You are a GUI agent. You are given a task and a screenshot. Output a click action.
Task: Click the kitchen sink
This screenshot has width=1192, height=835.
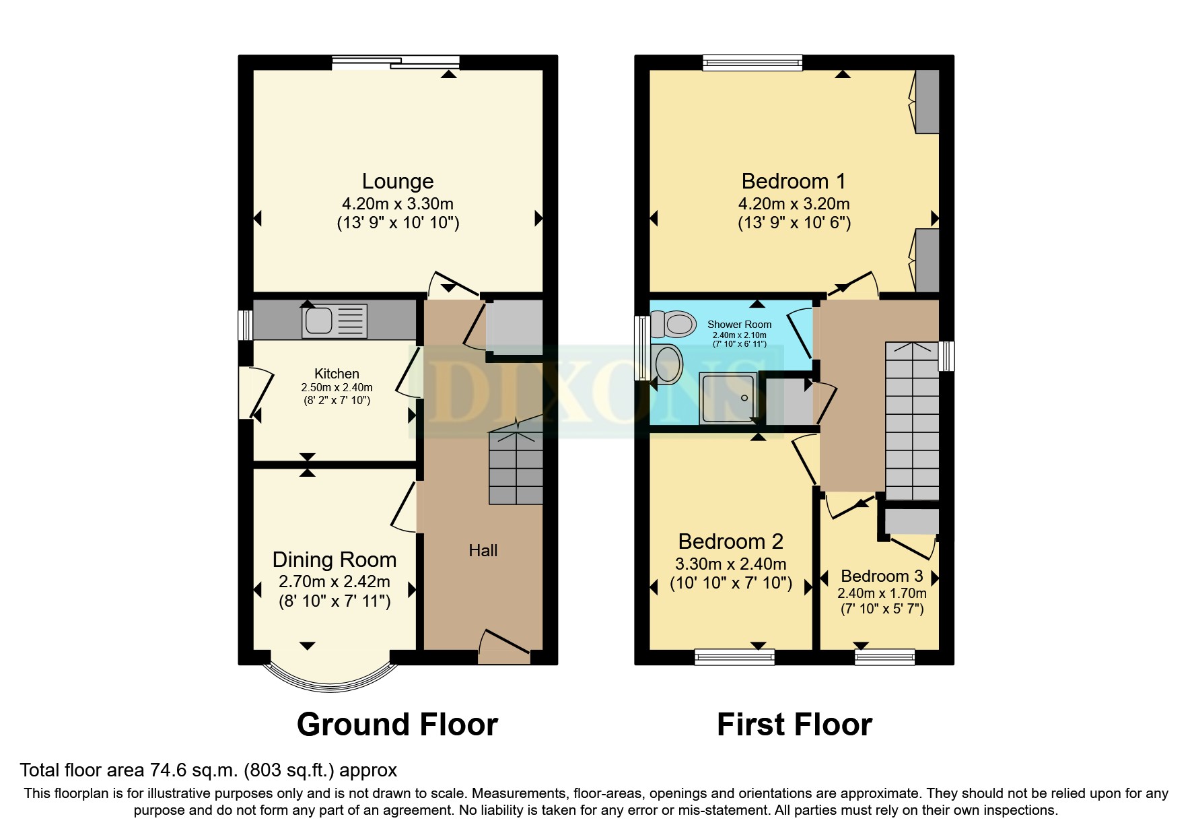pos(335,321)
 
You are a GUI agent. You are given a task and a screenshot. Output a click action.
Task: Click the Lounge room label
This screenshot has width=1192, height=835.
pos(397,181)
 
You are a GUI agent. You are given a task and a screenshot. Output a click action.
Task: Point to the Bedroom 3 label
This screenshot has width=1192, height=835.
pos(881,576)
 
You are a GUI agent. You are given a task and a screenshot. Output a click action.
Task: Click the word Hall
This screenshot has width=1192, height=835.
pos(483,551)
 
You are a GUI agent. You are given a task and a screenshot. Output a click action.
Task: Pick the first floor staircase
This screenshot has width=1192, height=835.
pos(911,421)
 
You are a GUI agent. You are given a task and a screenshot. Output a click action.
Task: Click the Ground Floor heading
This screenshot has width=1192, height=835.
pos(397,725)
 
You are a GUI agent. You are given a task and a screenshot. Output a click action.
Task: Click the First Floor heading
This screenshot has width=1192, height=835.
pos(794,725)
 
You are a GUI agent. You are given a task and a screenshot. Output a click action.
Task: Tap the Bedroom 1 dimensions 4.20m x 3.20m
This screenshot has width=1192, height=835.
pos(794,204)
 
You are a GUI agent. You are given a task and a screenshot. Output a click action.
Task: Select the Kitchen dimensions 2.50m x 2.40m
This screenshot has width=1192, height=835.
pos(337,388)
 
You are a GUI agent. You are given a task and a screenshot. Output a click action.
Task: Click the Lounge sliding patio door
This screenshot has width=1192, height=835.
pos(396,63)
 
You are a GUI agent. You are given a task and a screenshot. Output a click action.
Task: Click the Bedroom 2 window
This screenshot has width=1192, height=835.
pos(734,656)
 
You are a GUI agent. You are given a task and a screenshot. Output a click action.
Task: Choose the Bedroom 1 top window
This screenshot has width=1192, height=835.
pos(752,63)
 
